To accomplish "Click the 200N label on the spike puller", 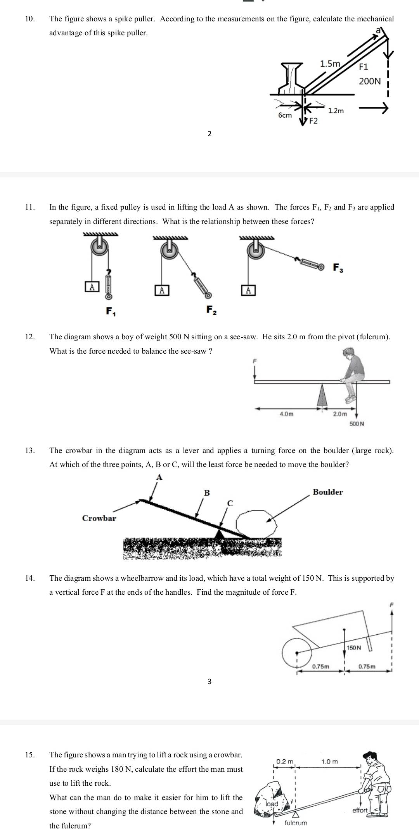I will (x=370, y=81).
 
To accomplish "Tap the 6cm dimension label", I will (x=285, y=115).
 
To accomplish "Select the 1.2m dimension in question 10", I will (x=336, y=111).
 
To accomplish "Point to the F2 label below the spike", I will (x=313, y=121).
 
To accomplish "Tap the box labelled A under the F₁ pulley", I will (x=92, y=287).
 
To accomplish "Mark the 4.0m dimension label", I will (x=286, y=414).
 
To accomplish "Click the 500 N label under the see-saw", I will (x=357, y=424).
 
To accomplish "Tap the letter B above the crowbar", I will (x=207, y=493).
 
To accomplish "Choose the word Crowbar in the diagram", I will (x=99, y=518).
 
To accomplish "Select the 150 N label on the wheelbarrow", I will (x=353, y=648).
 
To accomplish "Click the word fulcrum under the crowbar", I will (x=296, y=823).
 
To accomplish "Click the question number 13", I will (x=29, y=450).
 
